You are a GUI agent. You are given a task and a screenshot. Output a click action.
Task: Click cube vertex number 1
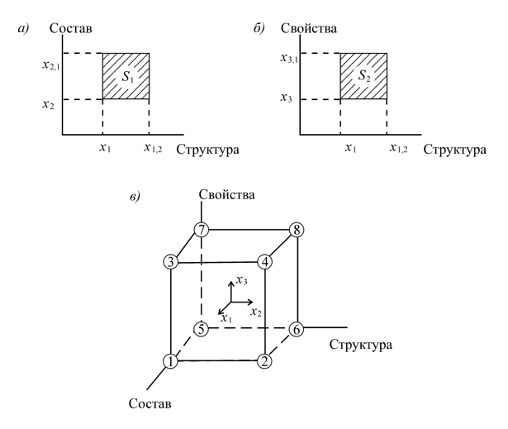(170, 361)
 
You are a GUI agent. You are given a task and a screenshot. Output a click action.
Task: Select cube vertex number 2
(264, 361)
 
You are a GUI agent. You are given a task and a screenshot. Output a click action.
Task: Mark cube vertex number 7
(200, 230)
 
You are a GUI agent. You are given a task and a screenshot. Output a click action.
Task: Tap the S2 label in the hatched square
(364, 77)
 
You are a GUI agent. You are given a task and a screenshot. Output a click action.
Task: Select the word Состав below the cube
(151, 408)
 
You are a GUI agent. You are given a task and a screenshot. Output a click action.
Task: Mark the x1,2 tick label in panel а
(153, 149)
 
